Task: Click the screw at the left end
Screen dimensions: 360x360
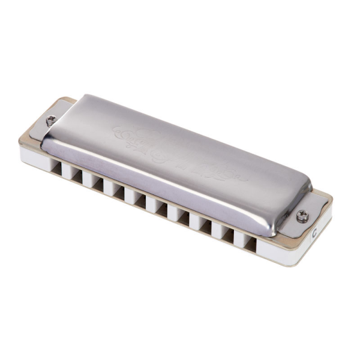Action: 52,119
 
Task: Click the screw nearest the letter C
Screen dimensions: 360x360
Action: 302,215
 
